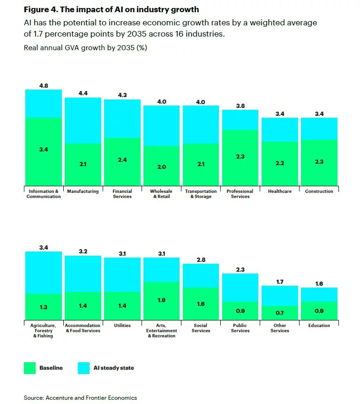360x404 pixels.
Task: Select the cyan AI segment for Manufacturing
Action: point(82,121)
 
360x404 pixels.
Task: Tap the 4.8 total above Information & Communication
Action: point(43,85)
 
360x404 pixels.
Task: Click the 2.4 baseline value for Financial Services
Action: point(122,160)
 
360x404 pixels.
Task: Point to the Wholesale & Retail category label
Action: point(161,194)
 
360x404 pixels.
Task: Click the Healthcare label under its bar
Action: point(279,191)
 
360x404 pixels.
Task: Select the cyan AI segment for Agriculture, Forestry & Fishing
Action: point(43,273)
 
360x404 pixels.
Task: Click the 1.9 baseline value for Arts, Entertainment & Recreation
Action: point(161,300)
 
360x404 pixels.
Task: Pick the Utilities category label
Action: point(122,326)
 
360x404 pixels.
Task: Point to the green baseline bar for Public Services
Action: point(240,311)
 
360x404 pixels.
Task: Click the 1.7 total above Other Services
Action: point(279,282)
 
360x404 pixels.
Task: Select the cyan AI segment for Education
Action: point(319,295)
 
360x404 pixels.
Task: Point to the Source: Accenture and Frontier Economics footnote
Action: point(80,397)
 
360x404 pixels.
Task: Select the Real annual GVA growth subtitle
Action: point(85,48)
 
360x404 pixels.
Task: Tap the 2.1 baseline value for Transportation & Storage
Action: point(201,164)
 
